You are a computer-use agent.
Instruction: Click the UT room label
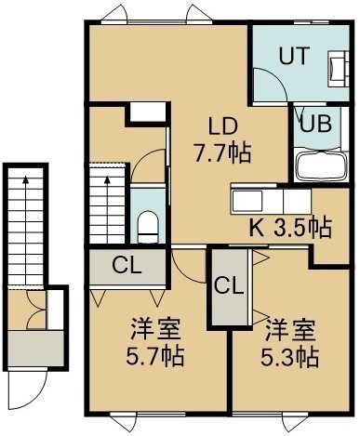[x=294, y=56]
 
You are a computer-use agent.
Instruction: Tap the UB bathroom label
[x=316, y=125]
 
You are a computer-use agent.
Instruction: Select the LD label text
[x=222, y=126]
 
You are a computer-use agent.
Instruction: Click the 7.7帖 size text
[x=222, y=152]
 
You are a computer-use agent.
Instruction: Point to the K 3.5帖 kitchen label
[x=291, y=228]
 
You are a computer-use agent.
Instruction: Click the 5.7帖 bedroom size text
[x=154, y=356]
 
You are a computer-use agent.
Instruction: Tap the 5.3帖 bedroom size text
[x=289, y=357]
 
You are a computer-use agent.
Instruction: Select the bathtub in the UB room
[x=322, y=165]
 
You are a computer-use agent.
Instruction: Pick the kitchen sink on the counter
[x=247, y=201]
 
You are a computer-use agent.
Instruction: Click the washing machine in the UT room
[x=337, y=69]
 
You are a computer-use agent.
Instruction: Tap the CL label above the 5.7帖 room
[x=127, y=266]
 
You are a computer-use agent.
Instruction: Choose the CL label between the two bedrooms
[x=229, y=286]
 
